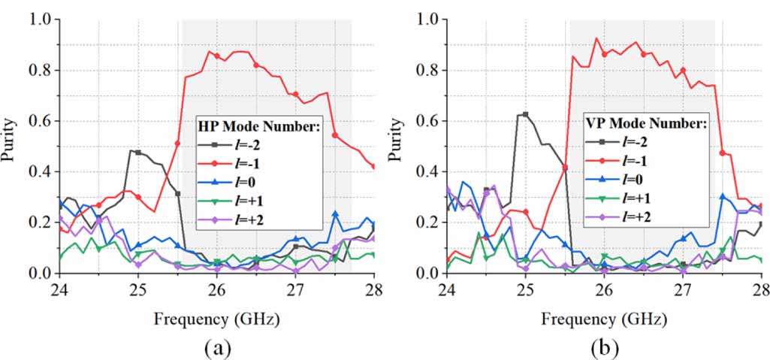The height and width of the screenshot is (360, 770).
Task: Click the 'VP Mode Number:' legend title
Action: [x=646, y=123]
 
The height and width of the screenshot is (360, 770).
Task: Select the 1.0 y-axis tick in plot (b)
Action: [x=427, y=20]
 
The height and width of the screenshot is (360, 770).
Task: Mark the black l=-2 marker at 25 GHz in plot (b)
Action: [x=526, y=115]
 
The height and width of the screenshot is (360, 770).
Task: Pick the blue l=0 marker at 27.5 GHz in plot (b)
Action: [x=722, y=197]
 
